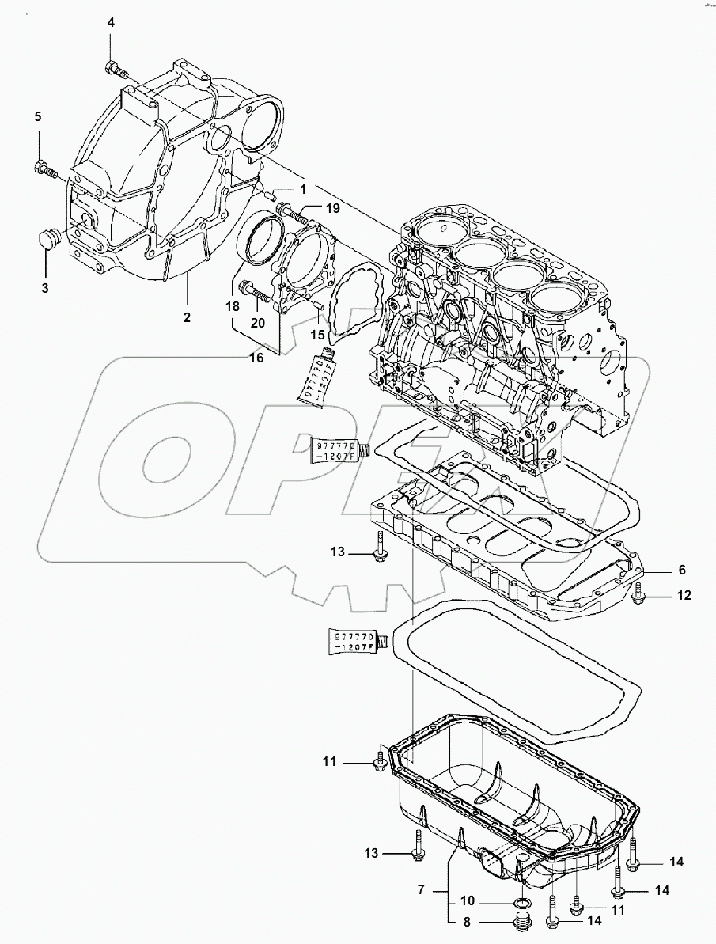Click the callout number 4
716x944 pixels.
click(111, 23)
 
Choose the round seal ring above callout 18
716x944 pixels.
click(260, 237)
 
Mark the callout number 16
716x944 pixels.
click(256, 358)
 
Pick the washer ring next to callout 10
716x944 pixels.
click(522, 904)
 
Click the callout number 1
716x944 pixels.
click(301, 189)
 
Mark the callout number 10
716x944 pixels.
click(467, 902)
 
